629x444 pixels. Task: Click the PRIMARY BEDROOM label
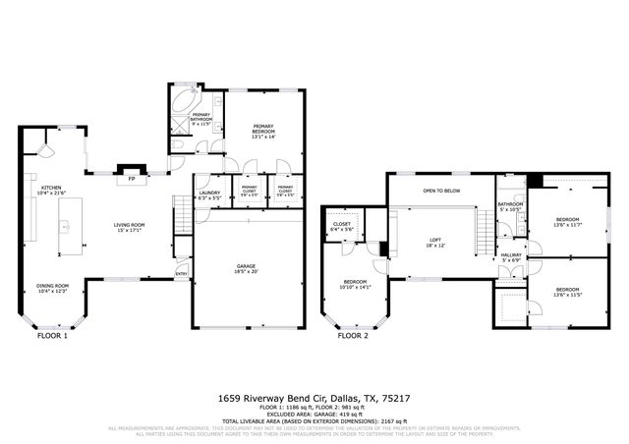pyautogui.click(x=260, y=132)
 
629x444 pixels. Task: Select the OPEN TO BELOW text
pyautogui.click(x=442, y=191)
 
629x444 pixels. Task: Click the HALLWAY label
pyautogui.click(x=511, y=257)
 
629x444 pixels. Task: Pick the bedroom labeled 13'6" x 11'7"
pyautogui.click(x=568, y=222)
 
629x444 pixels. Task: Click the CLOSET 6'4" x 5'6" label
pyautogui.click(x=342, y=227)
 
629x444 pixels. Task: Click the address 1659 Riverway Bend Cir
pyautogui.click(x=314, y=399)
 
